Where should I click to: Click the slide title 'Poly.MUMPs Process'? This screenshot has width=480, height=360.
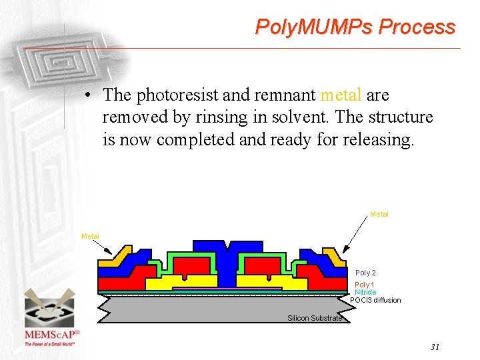click(x=355, y=27)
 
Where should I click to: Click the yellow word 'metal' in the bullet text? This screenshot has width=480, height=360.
click(x=341, y=95)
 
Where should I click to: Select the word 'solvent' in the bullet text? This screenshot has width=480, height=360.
click(x=297, y=118)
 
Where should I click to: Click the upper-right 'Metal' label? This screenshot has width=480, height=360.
click(x=379, y=214)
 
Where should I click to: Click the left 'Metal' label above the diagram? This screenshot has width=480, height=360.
click(x=90, y=236)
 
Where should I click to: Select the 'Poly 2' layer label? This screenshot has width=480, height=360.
click(x=365, y=273)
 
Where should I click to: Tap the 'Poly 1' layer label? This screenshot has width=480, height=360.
click(x=365, y=285)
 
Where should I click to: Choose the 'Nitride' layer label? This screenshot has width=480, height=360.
click(x=365, y=292)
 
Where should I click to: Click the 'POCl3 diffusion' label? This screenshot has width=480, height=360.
click(x=376, y=300)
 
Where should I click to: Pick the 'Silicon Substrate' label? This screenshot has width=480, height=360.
click(x=315, y=318)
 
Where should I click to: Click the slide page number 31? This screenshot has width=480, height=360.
click(x=435, y=347)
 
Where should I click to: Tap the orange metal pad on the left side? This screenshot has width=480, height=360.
click(x=119, y=256)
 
